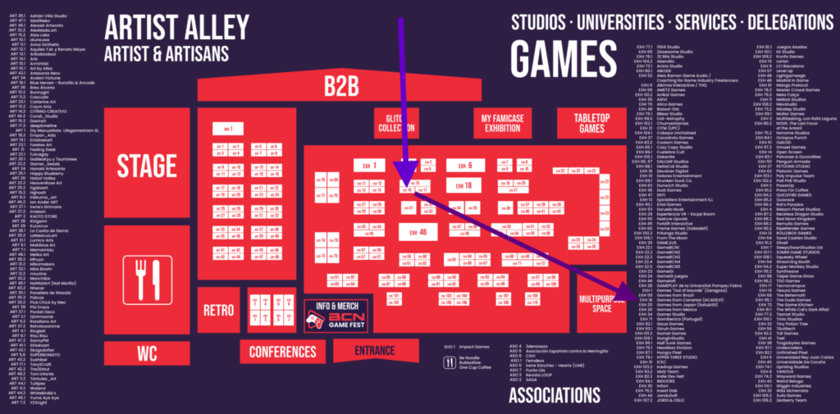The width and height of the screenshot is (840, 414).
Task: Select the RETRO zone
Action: pyautogui.click(x=219, y=311)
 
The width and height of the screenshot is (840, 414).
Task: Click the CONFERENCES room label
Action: pyautogui.click(x=283, y=353)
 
